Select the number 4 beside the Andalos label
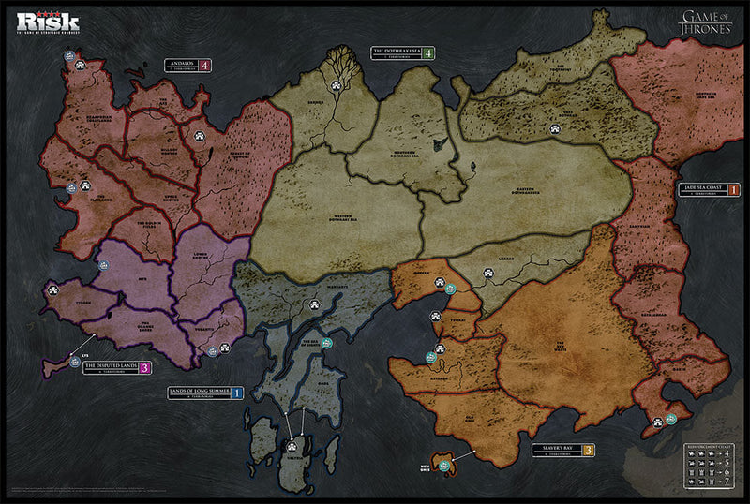(x=203, y=66)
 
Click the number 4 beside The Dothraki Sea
(x=428, y=52)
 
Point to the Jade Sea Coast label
(x=702, y=188)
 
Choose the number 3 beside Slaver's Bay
(x=588, y=451)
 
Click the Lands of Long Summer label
(x=199, y=393)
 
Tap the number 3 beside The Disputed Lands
(x=144, y=368)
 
